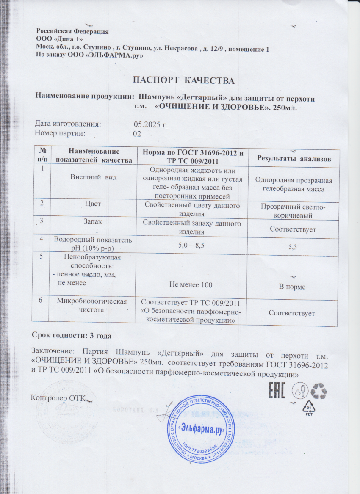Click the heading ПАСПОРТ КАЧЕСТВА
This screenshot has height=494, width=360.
click(184, 80)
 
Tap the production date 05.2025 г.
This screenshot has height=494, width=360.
click(151, 124)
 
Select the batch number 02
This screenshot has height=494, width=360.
click(136, 134)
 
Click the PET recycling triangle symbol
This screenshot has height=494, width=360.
click(312, 405)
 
